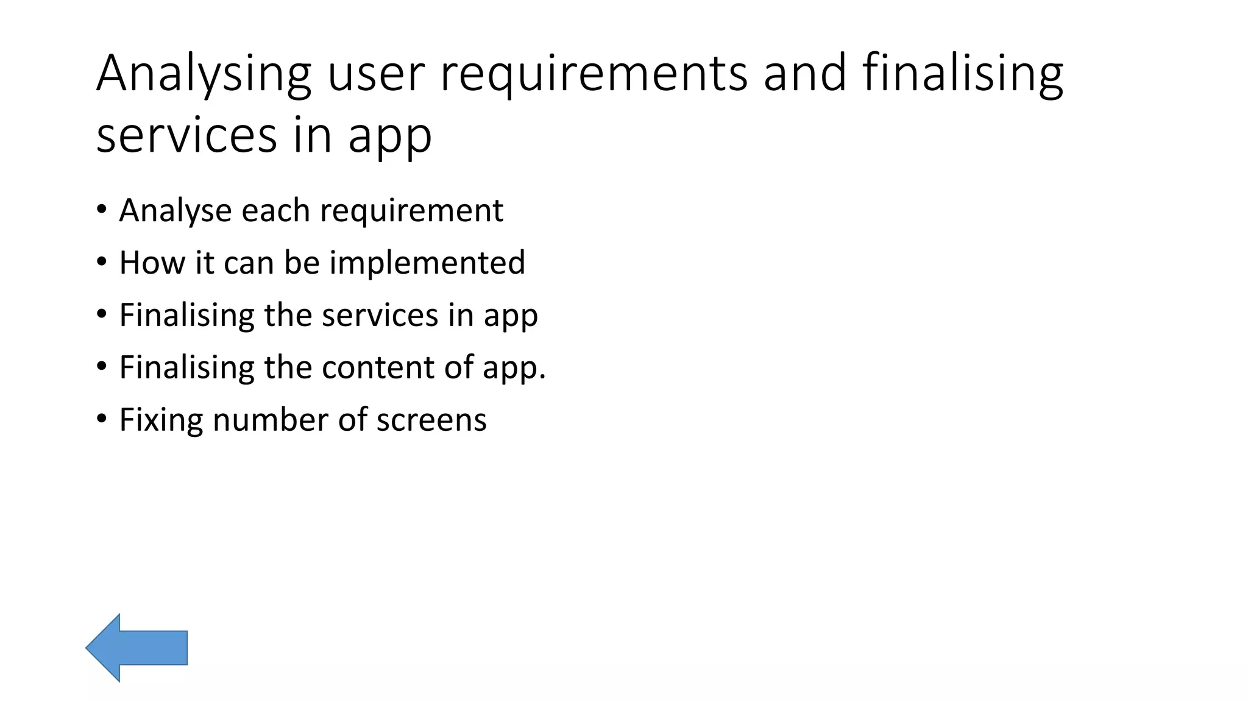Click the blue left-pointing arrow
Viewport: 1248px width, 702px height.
click(x=136, y=648)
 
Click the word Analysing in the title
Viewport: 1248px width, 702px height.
click(x=204, y=74)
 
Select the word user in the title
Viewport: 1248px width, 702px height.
click(x=375, y=74)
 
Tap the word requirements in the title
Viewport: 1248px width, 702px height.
click(x=594, y=74)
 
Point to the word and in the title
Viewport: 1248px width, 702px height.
click(x=804, y=74)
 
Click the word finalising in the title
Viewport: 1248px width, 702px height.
click(x=963, y=74)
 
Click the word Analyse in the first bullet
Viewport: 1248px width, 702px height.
click(x=175, y=211)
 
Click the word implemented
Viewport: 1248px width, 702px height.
click(x=427, y=263)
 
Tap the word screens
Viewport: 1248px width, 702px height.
click(x=431, y=420)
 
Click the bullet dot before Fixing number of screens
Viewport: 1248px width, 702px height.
click(x=102, y=419)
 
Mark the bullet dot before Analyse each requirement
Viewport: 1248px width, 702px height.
click(x=102, y=210)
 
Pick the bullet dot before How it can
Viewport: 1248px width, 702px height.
click(x=102, y=262)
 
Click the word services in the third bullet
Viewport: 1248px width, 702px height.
click(x=380, y=316)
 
